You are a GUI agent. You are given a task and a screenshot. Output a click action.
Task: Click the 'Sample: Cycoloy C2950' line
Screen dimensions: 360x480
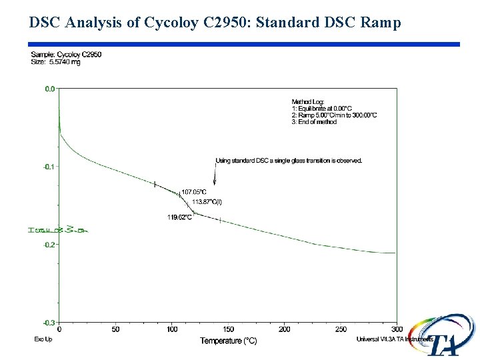coord(66,55)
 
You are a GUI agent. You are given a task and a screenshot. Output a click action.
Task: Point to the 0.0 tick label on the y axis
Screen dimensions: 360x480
coord(49,88)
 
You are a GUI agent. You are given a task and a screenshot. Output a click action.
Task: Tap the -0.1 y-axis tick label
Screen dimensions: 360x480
coord(49,166)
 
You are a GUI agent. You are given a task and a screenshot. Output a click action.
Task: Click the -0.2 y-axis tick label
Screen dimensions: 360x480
coord(49,245)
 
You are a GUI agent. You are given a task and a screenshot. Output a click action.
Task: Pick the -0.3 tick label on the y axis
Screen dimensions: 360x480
coord(49,323)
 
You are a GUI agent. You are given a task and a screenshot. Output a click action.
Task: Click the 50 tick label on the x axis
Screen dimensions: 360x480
coord(116,329)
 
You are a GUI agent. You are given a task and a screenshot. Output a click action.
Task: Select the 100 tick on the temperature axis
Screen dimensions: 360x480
coord(172,329)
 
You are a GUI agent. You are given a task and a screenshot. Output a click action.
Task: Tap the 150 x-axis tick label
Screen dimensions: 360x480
coord(229,329)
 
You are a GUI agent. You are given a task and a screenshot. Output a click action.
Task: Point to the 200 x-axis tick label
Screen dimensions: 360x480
coord(285,329)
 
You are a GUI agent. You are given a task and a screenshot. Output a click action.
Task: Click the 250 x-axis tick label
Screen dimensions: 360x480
coord(341,329)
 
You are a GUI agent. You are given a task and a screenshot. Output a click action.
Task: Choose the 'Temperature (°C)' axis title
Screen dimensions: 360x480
coord(229,341)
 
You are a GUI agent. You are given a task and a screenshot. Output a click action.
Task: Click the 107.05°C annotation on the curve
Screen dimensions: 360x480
coord(194,192)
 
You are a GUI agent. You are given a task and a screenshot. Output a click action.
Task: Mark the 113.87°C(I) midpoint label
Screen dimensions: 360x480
coord(207,201)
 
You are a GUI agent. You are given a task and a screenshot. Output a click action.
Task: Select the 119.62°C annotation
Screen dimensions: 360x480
coord(179,217)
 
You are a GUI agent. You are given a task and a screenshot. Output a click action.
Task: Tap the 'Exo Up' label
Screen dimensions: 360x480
coord(43,339)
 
